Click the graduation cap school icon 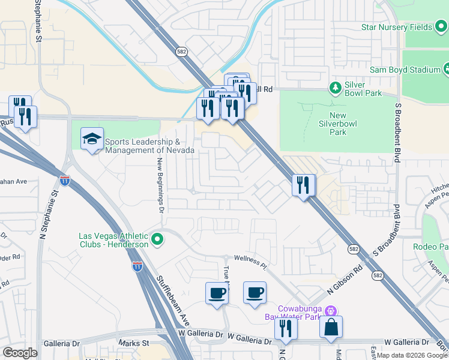[x=92, y=139]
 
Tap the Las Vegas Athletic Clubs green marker [x=158, y=240]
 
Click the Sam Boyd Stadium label [x=405, y=70]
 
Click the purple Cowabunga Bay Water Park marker [x=330, y=311]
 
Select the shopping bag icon [x=331, y=328]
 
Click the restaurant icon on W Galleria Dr [x=286, y=328]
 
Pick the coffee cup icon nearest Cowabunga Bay [x=255, y=292]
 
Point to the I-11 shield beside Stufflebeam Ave [x=137, y=266]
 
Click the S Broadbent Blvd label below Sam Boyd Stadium [x=397, y=132]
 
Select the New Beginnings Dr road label [x=160, y=185]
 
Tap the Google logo [x=20, y=353]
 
